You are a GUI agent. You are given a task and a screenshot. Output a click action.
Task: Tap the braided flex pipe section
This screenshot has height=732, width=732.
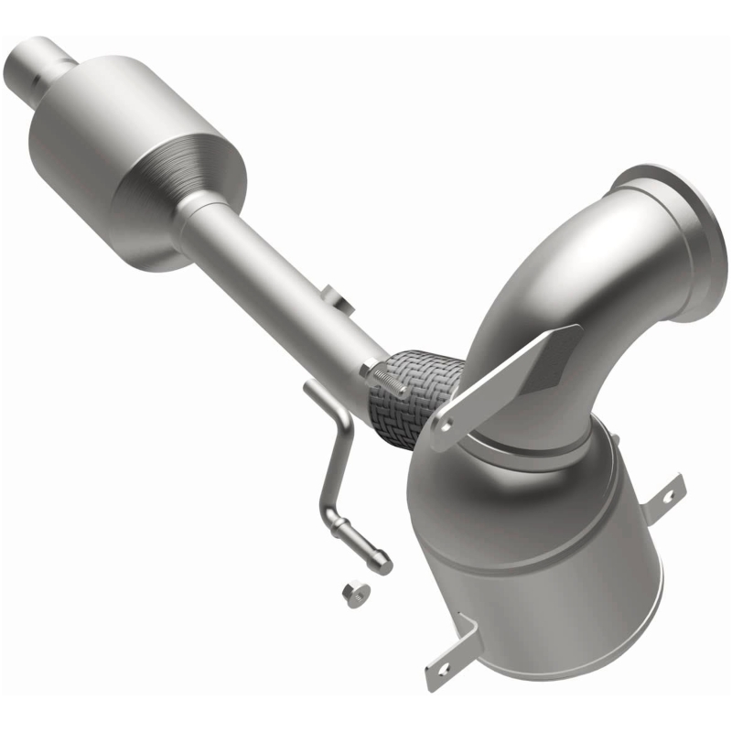(x=412, y=395)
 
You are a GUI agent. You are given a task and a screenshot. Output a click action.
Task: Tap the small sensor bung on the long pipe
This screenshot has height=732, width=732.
(x=336, y=299)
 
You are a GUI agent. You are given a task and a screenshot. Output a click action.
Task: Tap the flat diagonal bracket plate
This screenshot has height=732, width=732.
(x=512, y=375)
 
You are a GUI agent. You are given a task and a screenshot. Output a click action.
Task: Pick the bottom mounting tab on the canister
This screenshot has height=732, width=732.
(x=448, y=659)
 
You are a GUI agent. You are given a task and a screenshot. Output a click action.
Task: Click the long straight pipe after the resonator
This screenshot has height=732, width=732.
(x=274, y=284)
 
